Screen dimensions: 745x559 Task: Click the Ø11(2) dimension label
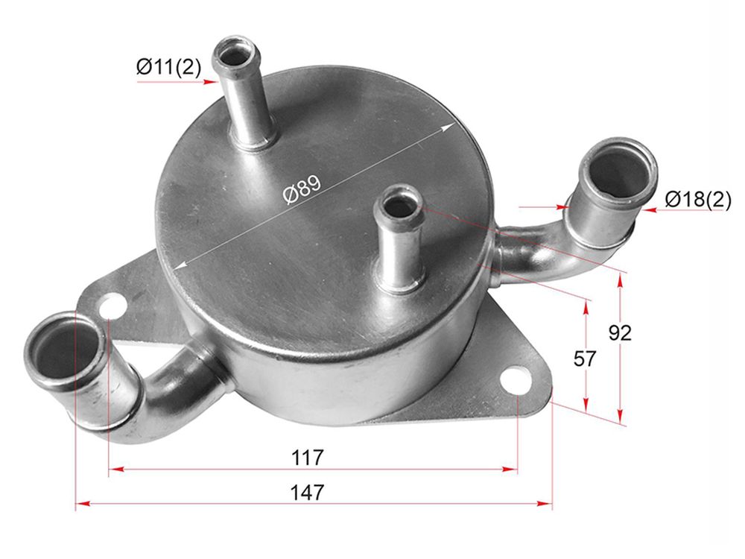point(168,67)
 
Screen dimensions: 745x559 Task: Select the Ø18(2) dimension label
point(698,199)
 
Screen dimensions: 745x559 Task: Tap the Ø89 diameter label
point(302,189)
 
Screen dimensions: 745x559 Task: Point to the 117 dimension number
point(308,458)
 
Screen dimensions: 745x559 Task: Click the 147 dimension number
point(308,492)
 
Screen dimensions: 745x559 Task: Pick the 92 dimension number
point(620,332)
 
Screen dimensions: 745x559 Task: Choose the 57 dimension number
point(584,359)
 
